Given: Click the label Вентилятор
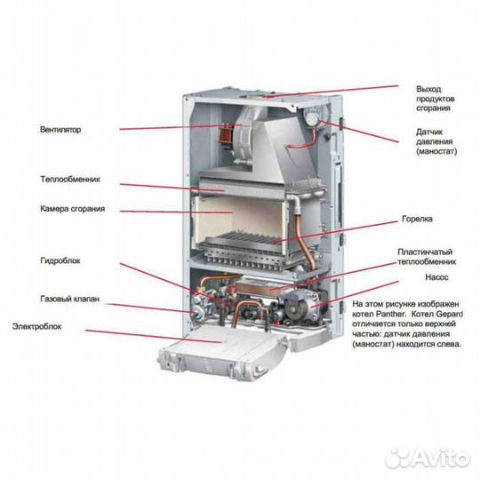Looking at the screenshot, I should point(60,129).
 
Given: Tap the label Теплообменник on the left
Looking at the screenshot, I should point(70,179).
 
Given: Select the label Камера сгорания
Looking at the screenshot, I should point(72,209).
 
